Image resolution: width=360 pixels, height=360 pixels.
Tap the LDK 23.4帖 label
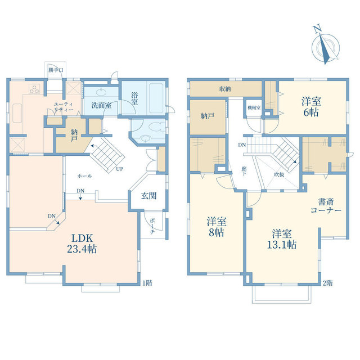[82, 244]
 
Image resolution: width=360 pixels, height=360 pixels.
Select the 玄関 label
[148, 196]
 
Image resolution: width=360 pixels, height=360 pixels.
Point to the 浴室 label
[134, 98]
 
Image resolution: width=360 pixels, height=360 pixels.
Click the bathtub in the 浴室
[156, 97]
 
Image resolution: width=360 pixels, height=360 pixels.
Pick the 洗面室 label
[101, 105]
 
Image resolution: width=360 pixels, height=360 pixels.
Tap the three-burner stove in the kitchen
[34, 89]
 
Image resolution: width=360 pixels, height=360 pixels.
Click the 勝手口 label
[56, 70]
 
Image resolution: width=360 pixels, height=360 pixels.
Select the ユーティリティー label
[64, 107]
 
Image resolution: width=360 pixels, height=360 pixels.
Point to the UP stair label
[120, 169]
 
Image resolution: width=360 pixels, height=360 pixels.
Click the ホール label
[84, 176]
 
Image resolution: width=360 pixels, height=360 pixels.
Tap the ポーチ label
[152, 226]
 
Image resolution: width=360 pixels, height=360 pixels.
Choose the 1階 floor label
[147, 283]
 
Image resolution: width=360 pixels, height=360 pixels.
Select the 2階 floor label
[327, 283]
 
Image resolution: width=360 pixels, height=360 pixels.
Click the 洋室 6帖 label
[311, 107]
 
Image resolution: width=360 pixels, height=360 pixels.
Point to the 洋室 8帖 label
[217, 227]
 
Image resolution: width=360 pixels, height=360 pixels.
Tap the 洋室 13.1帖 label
[282, 239]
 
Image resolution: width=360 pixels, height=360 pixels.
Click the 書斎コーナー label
[326, 206]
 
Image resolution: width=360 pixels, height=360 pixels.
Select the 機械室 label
[254, 107]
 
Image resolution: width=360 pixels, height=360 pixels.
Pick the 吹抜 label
[279, 174]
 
